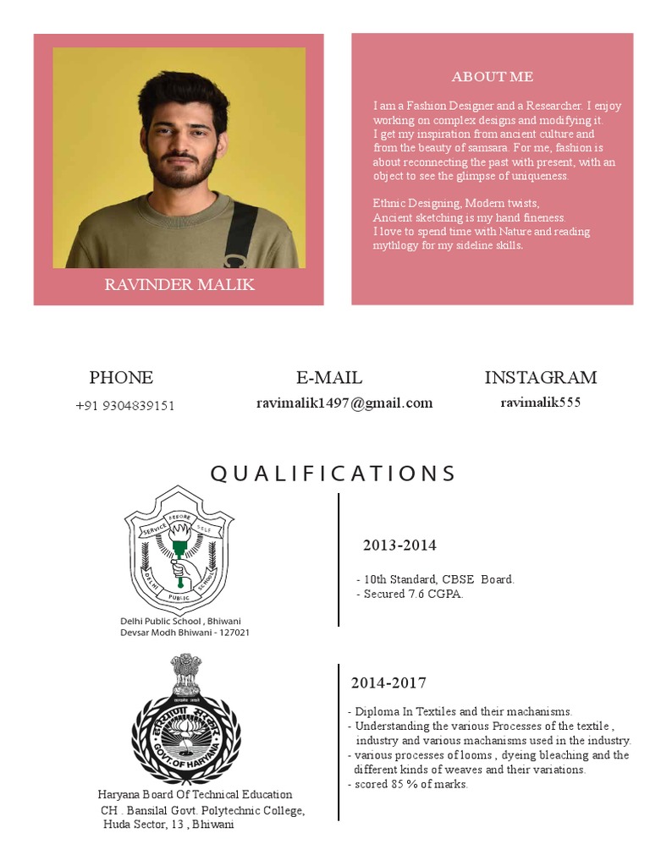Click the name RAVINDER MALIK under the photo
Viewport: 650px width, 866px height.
179,284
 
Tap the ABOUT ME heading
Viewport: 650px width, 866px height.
492,77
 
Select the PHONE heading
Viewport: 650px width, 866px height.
121,377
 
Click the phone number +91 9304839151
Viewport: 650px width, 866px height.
125,405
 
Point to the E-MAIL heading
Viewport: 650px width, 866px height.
329,377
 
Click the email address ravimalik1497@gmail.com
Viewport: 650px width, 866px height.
344,403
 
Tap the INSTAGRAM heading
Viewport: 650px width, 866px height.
540,377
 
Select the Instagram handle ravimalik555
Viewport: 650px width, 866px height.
540,403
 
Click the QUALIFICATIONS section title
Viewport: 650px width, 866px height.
333,473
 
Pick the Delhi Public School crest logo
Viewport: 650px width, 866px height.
179,551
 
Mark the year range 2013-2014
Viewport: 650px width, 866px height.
399,545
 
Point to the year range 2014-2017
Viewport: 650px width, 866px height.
388,682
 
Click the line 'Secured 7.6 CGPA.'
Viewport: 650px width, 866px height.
413,595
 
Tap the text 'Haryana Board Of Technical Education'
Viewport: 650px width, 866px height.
196,795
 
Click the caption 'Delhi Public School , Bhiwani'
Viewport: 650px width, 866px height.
180,622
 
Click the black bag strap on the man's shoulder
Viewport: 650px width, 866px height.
240,228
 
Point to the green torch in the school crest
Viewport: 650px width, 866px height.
179,541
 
